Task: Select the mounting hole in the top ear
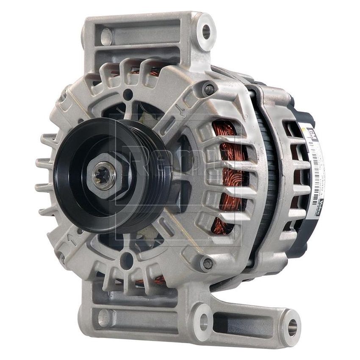point(206,31)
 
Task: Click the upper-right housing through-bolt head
point(209,89)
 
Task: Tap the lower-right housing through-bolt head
point(207,264)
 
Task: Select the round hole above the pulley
point(127,94)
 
